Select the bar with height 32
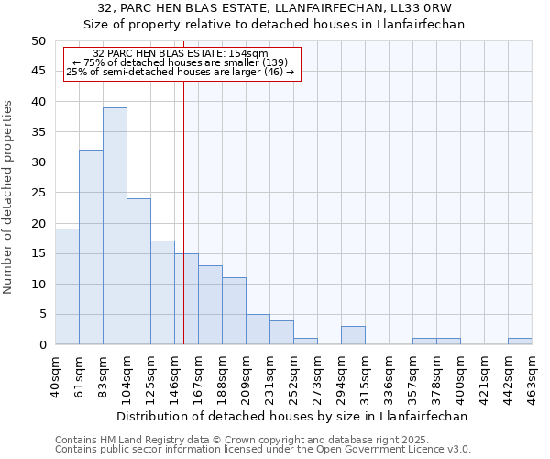(91, 247)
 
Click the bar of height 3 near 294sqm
(353, 335)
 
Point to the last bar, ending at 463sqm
(520, 341)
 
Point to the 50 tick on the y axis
(38, 41)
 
